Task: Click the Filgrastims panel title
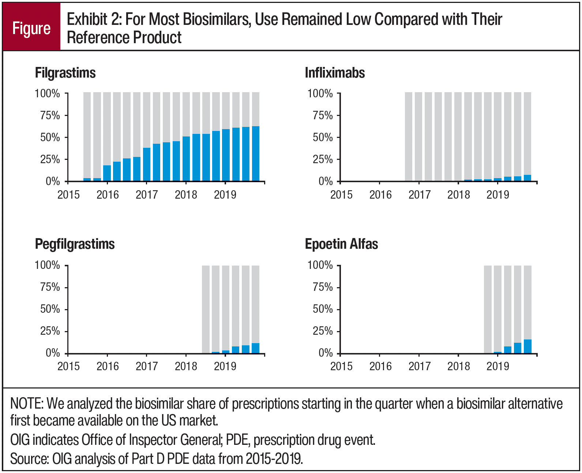coord(65,73)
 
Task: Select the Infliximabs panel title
coord(335,73)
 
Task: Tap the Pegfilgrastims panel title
coord(75,244)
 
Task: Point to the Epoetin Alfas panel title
coord(341,244)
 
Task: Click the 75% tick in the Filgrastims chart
coord(50,116)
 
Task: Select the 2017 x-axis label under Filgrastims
coord(147,195)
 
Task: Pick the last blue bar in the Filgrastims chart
coord(255,154)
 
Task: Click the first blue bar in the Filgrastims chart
coord(87,179)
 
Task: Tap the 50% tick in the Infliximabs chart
coord(323,138)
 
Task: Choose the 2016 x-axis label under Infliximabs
coord(380,195)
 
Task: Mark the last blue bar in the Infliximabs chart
coord(527,178)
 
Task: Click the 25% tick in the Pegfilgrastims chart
coord(50,331)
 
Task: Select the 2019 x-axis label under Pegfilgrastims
coord(225,366)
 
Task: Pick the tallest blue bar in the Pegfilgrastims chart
coord(255,348)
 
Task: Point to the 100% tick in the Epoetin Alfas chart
coord(320,265)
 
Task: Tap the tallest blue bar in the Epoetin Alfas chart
coord(527,346)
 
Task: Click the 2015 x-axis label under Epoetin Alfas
coord(341,366)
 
